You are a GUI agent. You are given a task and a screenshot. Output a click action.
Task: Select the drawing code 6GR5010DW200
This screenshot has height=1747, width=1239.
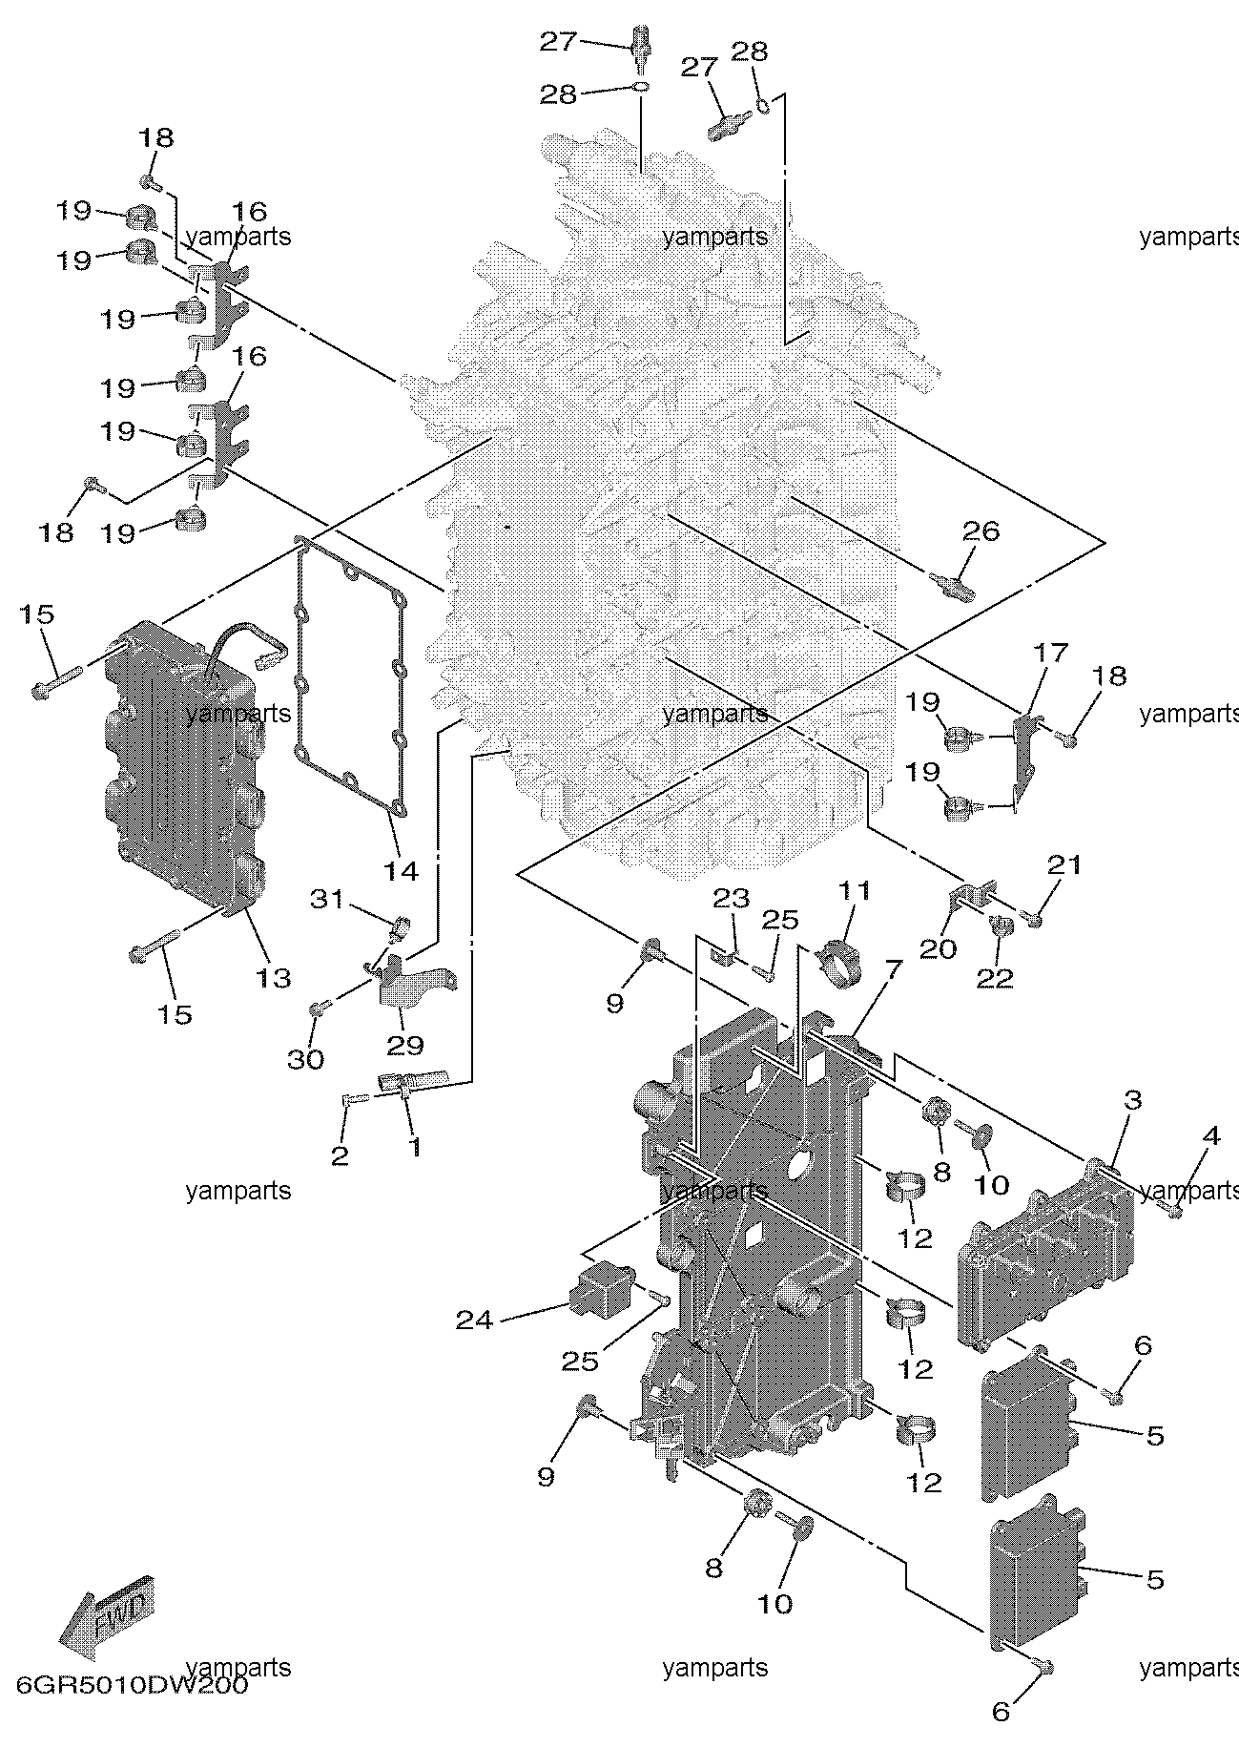pyautogui.click(x=132, y=1685)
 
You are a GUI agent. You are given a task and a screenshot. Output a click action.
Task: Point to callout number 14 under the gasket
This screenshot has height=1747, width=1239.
pyautogui.click(x=402, y=870)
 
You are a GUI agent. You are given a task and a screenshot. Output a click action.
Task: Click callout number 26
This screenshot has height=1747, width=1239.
pyautogui.click(x=981, y=530)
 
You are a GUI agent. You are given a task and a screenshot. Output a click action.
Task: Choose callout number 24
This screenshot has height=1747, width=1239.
pyautogui.click(x=474, y=1320)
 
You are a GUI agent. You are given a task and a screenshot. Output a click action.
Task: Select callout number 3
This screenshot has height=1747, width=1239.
pyautogui.click(x=1132, y=1100)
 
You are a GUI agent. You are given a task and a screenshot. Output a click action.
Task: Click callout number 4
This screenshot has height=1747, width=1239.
pyautogui.click(x=1210, y=1136)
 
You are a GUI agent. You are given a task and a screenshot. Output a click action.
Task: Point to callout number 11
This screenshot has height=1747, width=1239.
pyautogui.click(x=855, y=891)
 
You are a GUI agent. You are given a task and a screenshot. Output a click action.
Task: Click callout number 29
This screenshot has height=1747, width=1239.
pyautogui.click(x=404, y=1045)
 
